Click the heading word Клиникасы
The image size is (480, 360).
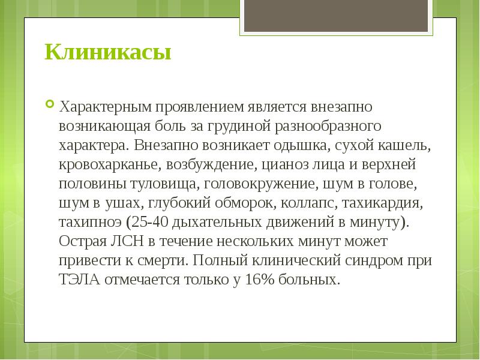(107, 52)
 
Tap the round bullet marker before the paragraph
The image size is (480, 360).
(50, 104)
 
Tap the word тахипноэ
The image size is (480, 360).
(90, 221)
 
